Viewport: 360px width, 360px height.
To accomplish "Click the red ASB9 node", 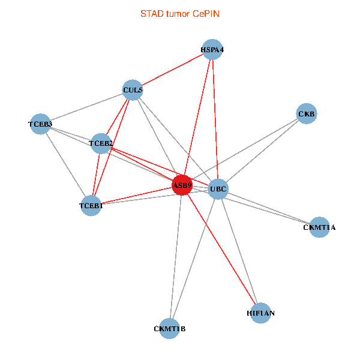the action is pyautogui.click(x=182, y=185).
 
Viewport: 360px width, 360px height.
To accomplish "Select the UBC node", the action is pyautogui.click(x=218, y=190).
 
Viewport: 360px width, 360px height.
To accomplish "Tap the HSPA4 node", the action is pyautogui.click(x=212, y=50).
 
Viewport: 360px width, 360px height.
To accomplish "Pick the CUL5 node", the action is pyautogui.click(x=133, y=91).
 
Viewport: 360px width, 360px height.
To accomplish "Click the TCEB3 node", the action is pyautogui.click(x=40, y=124).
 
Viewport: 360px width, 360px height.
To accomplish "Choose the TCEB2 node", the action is pyautogui.click(x=101, y=143).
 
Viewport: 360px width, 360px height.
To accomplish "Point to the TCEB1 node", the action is pyautogui.click(x=91, y=206).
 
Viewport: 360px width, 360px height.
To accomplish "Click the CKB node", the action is pyautogui.click(x=307, y=114).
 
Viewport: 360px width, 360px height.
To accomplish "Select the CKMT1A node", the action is pyautogui.click(x=319, y=227).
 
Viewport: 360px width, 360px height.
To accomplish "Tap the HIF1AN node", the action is pyautogui.click(x=261, y=313).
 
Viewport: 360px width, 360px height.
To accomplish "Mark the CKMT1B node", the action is pyautogui.click(x=170, y=328).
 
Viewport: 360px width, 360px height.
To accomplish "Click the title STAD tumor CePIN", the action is pyautogui.click(x=179, y=13).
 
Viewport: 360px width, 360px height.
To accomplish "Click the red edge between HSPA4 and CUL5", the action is pyautogui.click(x=173, y=70).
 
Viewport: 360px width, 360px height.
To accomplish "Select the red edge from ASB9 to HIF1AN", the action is pyautogui.click(x=221, y=249).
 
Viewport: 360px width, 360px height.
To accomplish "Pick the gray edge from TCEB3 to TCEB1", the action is pyautogui.click(x=65, y=165).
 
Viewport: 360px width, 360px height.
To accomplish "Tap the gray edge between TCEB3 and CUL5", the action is pyautogui.click(x=86, y=107).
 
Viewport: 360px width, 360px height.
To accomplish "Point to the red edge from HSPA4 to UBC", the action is pyautogui.click(x=215, y=120).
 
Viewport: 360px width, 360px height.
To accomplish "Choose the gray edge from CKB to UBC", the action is pyautogui.click(x=262, y=152).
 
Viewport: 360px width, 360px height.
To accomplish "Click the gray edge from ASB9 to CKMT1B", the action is pyautogui.click(x=176, y=257).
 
